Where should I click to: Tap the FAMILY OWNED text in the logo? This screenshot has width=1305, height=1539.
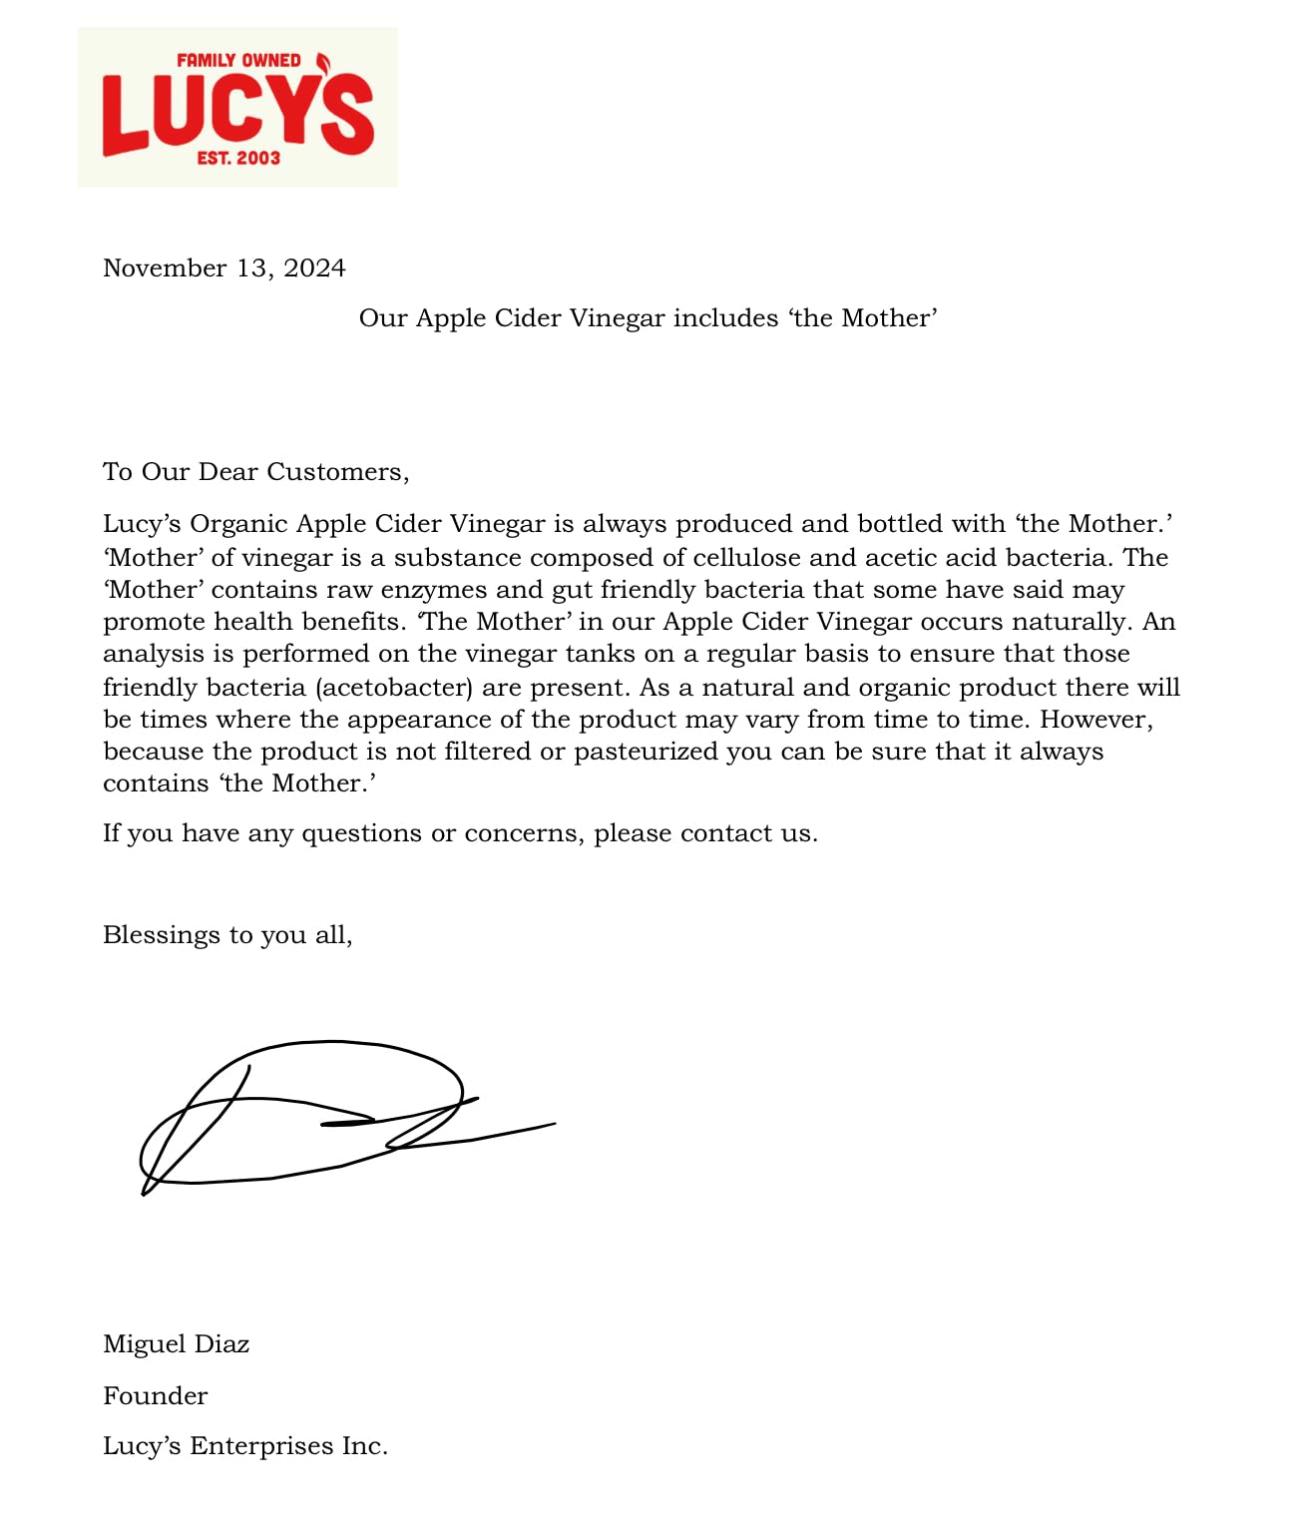tap(238, 60)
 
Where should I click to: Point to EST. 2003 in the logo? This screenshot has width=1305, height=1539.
tap(238, 158)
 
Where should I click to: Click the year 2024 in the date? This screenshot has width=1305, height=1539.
tap(314, 268)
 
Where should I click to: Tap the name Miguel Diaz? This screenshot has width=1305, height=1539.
tap(176, 1344)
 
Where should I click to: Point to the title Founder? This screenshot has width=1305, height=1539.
tap(155, 1395)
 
